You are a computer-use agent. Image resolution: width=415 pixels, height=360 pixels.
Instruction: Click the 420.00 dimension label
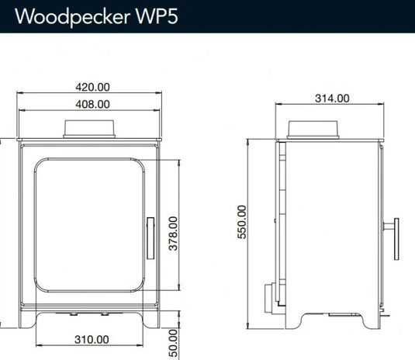tap(92, 88)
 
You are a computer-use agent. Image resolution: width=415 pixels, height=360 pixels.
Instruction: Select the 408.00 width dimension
tap(92, 103)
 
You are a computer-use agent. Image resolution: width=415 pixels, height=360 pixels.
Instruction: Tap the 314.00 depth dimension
tap(334, 99)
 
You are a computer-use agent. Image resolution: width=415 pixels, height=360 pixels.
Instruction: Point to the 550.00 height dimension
tap(242, 222)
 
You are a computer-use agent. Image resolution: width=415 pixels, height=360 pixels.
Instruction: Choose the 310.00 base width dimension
tap(92, 339)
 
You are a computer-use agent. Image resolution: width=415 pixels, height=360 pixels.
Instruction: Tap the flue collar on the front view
tap(92, 128)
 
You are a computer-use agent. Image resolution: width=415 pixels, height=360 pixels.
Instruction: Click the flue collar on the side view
tap(314, 129)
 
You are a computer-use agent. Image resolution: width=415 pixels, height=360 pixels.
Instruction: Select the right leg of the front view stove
tap(153, 320)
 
